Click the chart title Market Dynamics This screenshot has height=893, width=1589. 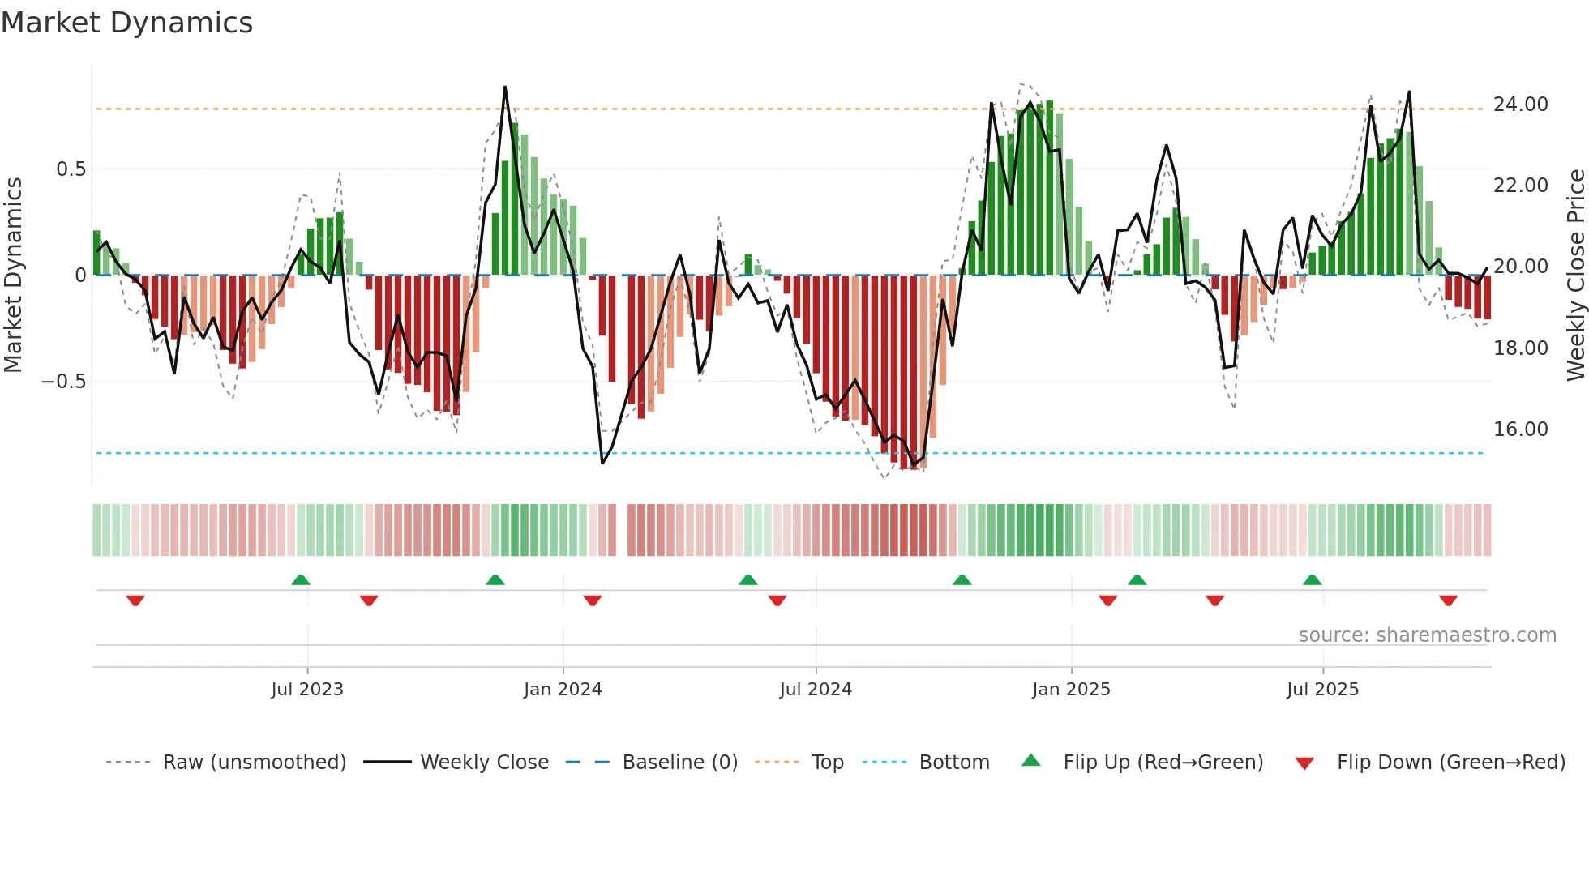point(127,23)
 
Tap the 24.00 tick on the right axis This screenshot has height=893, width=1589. point(1520,105)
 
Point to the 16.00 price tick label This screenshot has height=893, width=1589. point(1520,429)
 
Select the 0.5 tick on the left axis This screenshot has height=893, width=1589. point(71,169)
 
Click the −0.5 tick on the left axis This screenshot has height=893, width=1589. point(64,382)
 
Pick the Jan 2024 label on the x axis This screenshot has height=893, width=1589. point(563,690)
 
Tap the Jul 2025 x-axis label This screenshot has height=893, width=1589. point(1322,690)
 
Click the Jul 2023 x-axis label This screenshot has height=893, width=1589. point(307,690)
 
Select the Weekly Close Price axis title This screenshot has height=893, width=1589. point(1575,276)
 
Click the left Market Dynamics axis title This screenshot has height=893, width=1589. point(13,276)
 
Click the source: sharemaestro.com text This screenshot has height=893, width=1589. point(1427,635)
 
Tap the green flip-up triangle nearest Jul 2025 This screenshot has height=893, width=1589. point(1312,579)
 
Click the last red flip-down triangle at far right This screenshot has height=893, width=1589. point(1448,600)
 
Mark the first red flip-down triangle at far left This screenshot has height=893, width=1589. point(135,600)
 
